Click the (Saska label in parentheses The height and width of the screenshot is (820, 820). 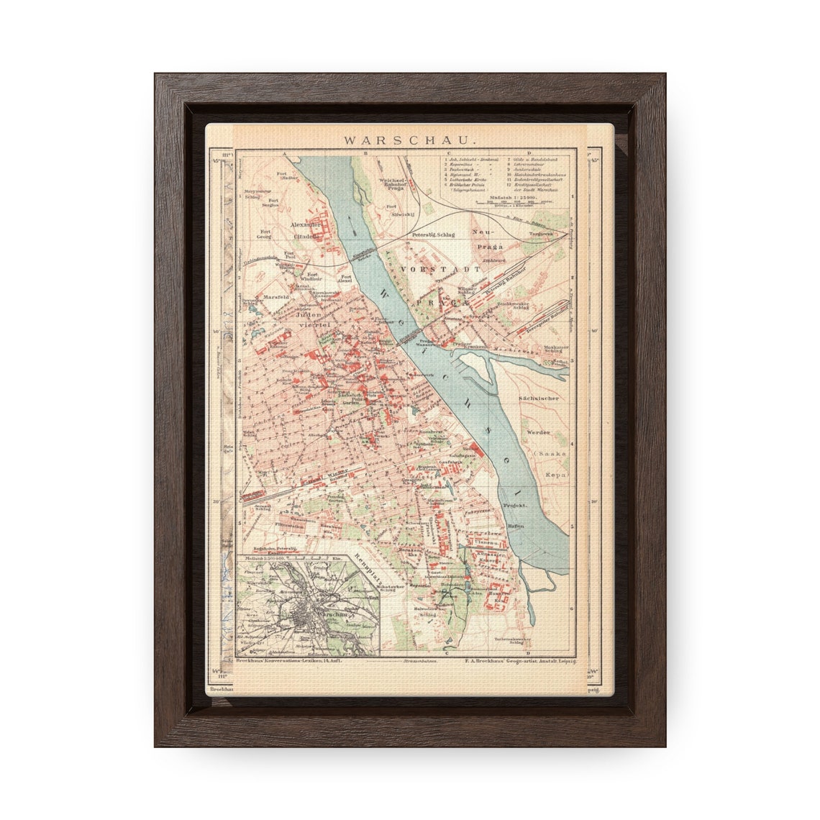(x=554, y=454)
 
